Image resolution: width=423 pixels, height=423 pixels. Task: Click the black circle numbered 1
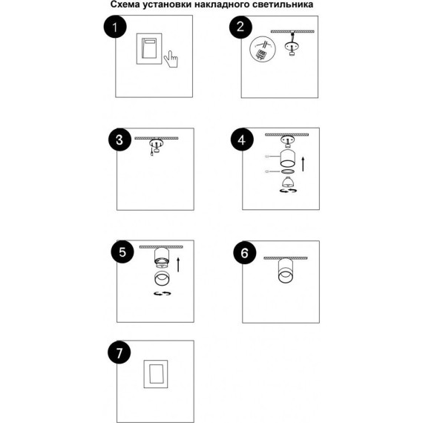115,27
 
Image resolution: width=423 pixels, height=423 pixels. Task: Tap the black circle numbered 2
240,27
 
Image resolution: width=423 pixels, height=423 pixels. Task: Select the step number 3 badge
119,140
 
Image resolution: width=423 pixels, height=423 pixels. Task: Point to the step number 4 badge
242,140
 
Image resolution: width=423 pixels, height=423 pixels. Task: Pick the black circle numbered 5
122,252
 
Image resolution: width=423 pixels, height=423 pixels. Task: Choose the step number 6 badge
245,253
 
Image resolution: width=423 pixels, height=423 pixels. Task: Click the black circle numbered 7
119,352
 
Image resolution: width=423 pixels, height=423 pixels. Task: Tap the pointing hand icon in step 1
171,59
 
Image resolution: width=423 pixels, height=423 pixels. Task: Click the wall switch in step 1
149,49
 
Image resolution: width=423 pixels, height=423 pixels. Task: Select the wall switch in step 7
156,374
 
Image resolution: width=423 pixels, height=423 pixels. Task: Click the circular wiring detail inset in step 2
263,50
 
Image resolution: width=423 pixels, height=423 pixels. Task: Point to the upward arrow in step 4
304,164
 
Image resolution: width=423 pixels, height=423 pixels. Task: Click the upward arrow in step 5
178,265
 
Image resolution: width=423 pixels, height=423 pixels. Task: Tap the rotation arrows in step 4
288,191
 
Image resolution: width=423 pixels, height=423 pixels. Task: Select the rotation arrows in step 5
163,293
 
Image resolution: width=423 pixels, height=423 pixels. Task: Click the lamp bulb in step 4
288,182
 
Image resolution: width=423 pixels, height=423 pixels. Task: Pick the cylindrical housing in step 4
288,158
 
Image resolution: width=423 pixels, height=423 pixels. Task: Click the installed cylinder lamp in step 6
286,271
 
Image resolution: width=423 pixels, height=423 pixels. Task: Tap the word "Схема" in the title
125,4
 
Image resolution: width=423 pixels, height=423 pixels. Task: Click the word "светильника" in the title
285,4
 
